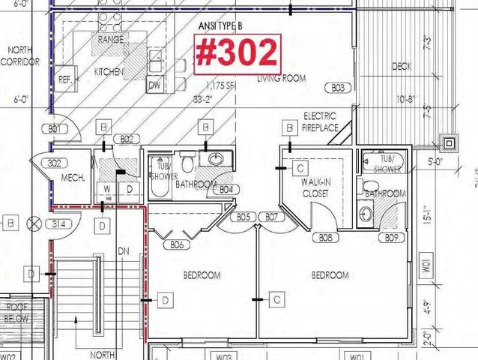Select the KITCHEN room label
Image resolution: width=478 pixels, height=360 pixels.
coord(107,71)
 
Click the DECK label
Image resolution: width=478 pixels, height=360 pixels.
coord(402,67)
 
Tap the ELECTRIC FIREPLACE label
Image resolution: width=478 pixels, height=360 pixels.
coord(320,121)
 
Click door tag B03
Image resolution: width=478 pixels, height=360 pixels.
coord(338,88)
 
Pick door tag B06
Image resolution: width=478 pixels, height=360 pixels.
coord(177,244)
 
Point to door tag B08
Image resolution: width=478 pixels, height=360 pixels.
coord(326,238)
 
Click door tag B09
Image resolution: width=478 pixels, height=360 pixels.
coord(391,238)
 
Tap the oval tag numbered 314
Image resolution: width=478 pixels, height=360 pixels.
coord(57,223)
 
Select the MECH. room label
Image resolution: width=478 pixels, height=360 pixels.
coord(71,178)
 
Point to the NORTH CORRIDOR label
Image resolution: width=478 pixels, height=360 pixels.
coord(20,56)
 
